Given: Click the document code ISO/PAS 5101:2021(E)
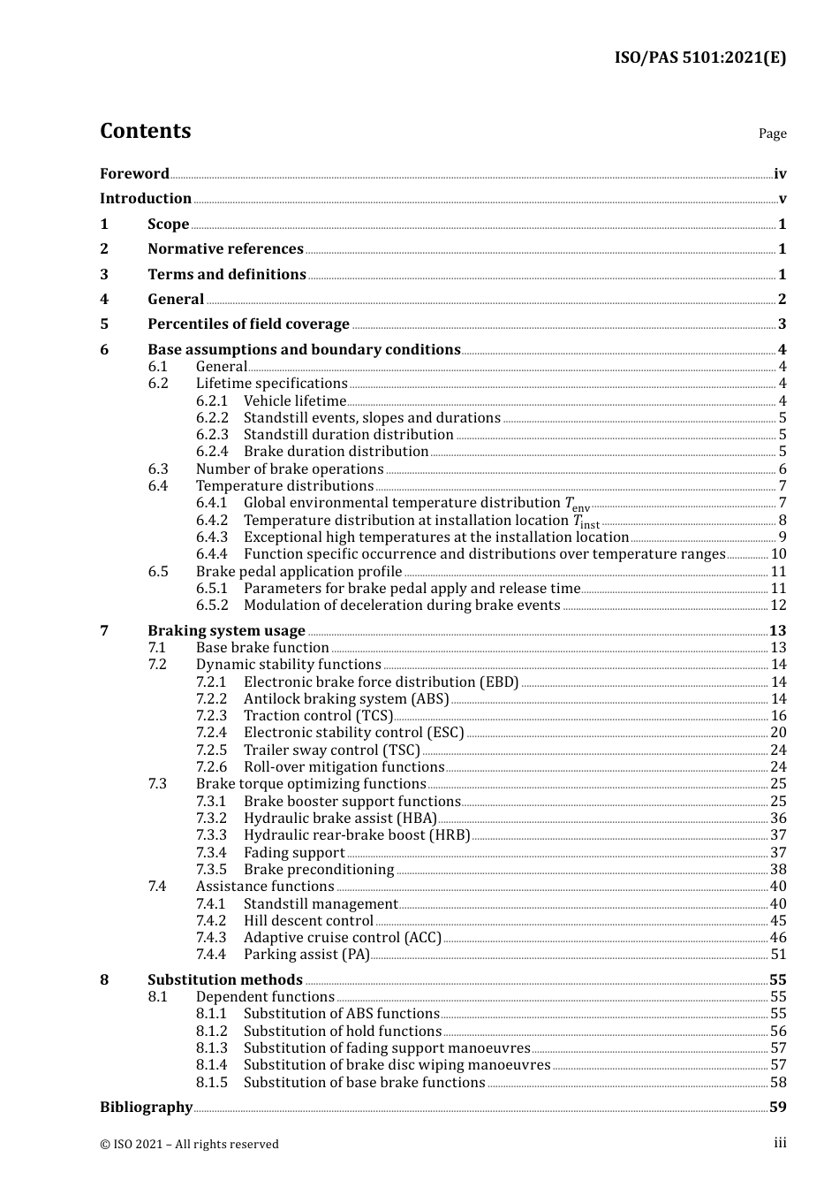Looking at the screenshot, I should [699, 58].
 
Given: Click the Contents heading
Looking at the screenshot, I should [145, 131].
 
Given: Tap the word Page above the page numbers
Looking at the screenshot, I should [772, 133].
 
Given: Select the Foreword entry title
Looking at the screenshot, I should [134, 174].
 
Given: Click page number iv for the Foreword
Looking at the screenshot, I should [780, 174].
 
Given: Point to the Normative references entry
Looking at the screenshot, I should [225, 249].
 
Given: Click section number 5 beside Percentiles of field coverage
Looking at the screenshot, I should [104, 324].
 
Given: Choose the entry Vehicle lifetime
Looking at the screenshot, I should [295, 401].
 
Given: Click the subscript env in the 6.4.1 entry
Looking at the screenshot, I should [580, 509].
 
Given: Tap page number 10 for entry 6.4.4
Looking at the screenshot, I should [778, 554].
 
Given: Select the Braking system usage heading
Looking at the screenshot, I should [226, 631].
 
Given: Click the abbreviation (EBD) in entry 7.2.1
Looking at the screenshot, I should [499, 682].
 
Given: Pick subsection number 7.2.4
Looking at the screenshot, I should [211, 733].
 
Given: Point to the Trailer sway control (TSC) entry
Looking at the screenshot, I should [332, 750].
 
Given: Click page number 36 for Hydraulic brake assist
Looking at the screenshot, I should [778, 819].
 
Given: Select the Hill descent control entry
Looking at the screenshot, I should [308, 921].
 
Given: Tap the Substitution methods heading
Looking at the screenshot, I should [224, 980].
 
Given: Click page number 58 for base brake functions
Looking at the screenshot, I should [778, 1083].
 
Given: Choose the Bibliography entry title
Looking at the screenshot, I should [146, 1108].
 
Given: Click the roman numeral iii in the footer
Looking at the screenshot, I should [780, 1143].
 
